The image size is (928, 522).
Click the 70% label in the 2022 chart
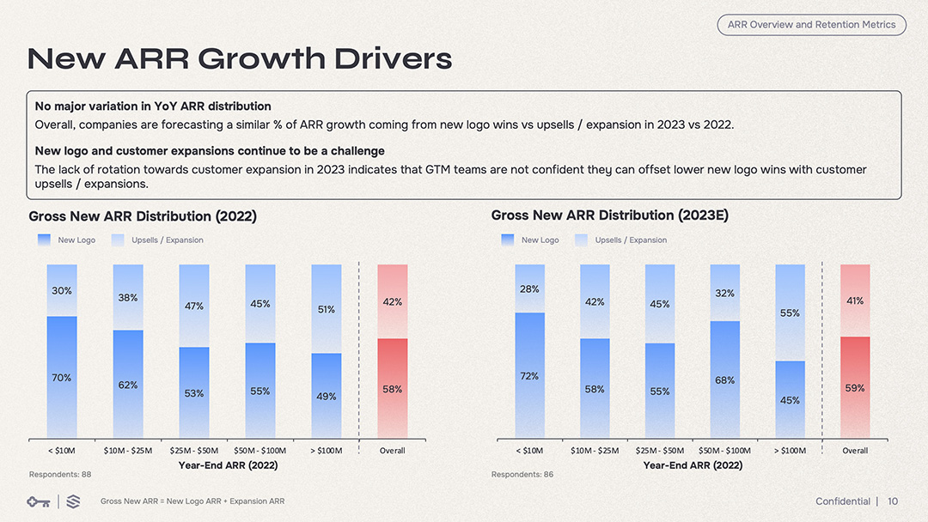click(x=62, y=378)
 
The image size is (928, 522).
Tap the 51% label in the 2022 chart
click(x=327, y=309)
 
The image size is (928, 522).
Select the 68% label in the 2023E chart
click(x=724, y=380)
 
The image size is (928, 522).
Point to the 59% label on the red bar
click(x=855, y=388)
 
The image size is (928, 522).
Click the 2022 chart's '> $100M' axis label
click(x=327, y=451)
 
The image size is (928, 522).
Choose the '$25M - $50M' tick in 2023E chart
click(x=659, y=451)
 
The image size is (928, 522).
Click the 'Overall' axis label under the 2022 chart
click(x=392, y=451)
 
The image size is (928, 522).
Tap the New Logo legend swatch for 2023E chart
click(x=507, y=240)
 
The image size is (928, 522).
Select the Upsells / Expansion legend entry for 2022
click(x=167, y=240)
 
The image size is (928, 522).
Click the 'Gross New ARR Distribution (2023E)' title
click(x=609, y=215)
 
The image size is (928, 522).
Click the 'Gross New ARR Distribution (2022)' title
click(x=143, y=216)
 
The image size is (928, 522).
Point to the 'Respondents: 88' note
click(x=60, y=474)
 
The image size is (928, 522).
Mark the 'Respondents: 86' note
click(x=522, y=474)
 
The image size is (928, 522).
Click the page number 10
click(x=893, y=501)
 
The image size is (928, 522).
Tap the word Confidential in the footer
click(x=842, y=501)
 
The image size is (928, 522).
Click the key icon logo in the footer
click(x=38, y=501)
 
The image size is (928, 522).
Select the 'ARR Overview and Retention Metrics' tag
click(x=811, y=25)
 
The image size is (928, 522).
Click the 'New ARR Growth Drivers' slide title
click(x=240, y=58)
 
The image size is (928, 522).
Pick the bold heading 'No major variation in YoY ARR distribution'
click(x=153, y=106)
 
